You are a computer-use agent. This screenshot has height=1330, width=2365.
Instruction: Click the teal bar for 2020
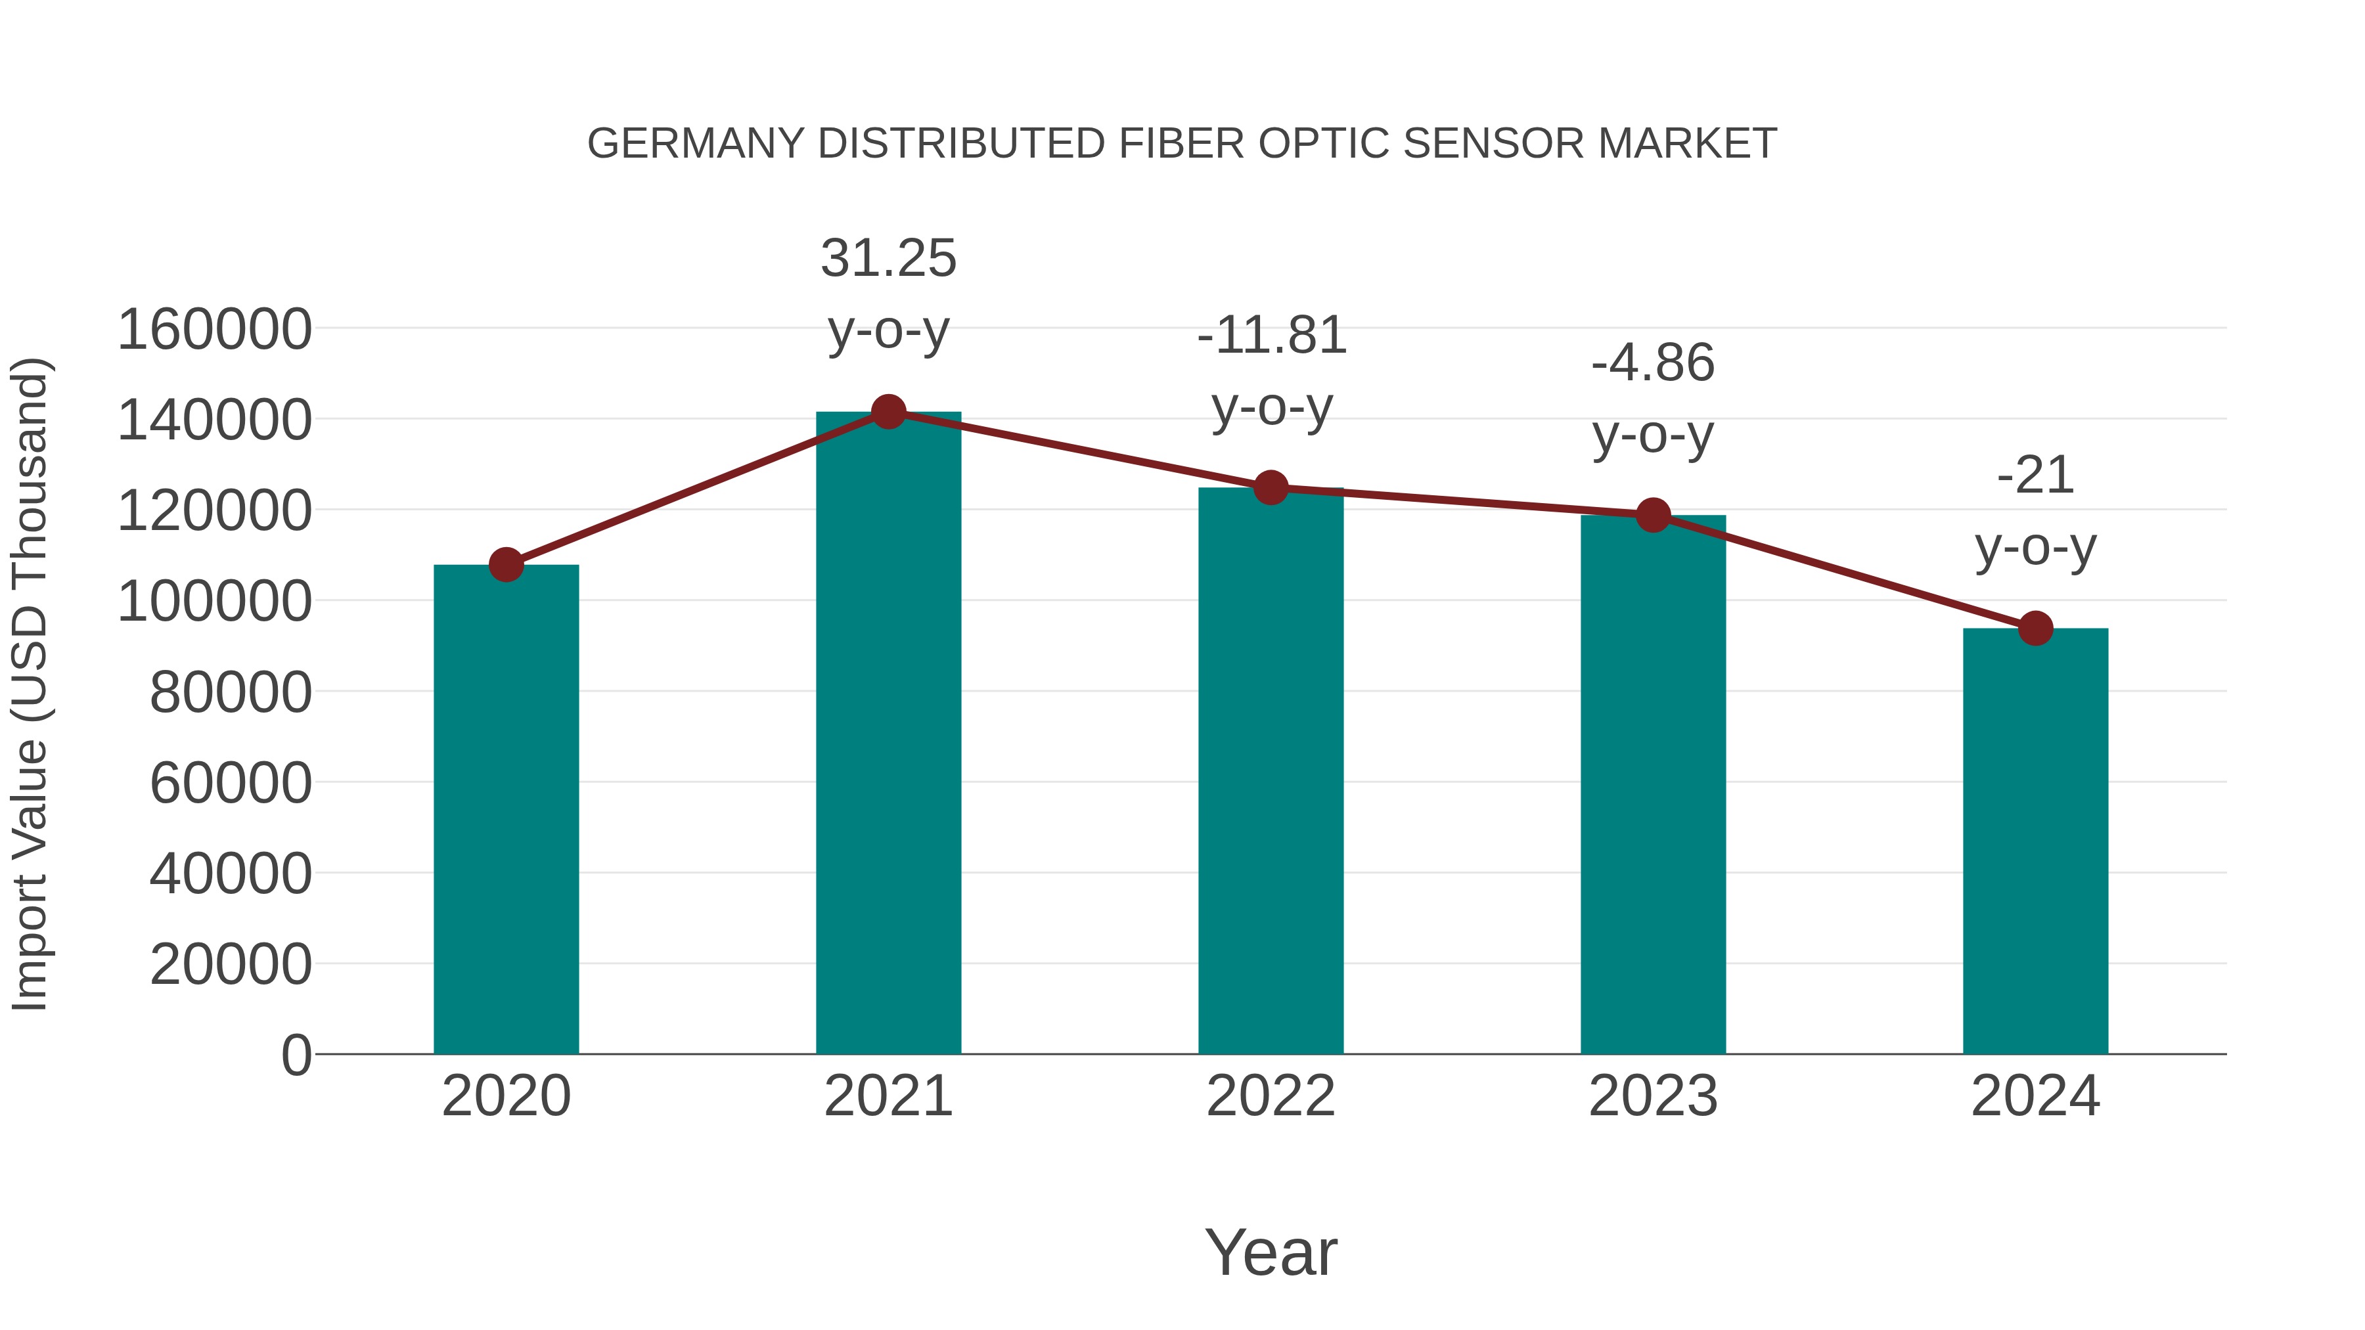[506, 808]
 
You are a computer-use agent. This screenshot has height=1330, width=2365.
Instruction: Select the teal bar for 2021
[888, 734]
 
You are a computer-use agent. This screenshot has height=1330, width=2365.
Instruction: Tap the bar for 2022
[1271, 771]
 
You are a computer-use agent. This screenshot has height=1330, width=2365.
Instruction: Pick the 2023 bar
[1653, 785]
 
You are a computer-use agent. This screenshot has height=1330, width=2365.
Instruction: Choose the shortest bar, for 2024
[2035, 840]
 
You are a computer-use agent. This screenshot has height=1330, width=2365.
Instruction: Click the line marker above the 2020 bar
[506, 564]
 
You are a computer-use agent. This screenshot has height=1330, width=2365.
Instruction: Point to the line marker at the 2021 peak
[888, 412]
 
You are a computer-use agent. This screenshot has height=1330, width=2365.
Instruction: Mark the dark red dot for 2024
[2035, 629]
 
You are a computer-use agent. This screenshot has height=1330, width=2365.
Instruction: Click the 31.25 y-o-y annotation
[888, 258]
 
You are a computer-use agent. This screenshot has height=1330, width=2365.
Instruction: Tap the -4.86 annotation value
[1653, 363]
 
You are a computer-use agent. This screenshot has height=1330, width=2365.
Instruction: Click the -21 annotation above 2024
[2035, 476]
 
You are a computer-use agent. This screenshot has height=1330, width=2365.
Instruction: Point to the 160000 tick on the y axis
[214, 330]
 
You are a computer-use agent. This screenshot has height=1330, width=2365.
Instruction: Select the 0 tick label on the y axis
[296, 1055]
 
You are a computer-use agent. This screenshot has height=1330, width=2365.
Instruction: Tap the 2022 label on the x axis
[1271, 1096]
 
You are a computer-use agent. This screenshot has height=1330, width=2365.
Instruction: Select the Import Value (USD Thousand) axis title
[30, 684]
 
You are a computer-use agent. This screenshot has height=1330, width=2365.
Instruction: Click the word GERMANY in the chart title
[696, 144]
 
